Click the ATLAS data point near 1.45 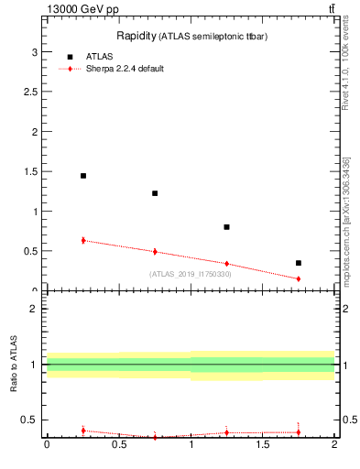pyautogui.click(x=83, y=176)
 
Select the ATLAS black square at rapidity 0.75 pyautogui.click(x=155, y=193)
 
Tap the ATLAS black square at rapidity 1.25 pyautogui.click(x=226, y=227)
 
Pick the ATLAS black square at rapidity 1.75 pyautogui.click(x=299, y=263)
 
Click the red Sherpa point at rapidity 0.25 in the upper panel pyautogui.click(x=83, y=240)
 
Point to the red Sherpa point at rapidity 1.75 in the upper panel pyautogui.click(x=299, y=278)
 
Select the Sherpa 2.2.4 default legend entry pyautogui.click(x=124, y=69)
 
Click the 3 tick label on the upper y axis pyautogui.click(x=35, y=53)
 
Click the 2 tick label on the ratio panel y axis pyautogui.click(x=35, y=309)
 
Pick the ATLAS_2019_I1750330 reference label pyautogui.click(x=191, y=274)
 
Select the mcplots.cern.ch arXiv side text pyautogui.click(x=345, y=220)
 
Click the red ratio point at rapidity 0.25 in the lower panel pyautogui.click(x=83, y=430)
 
